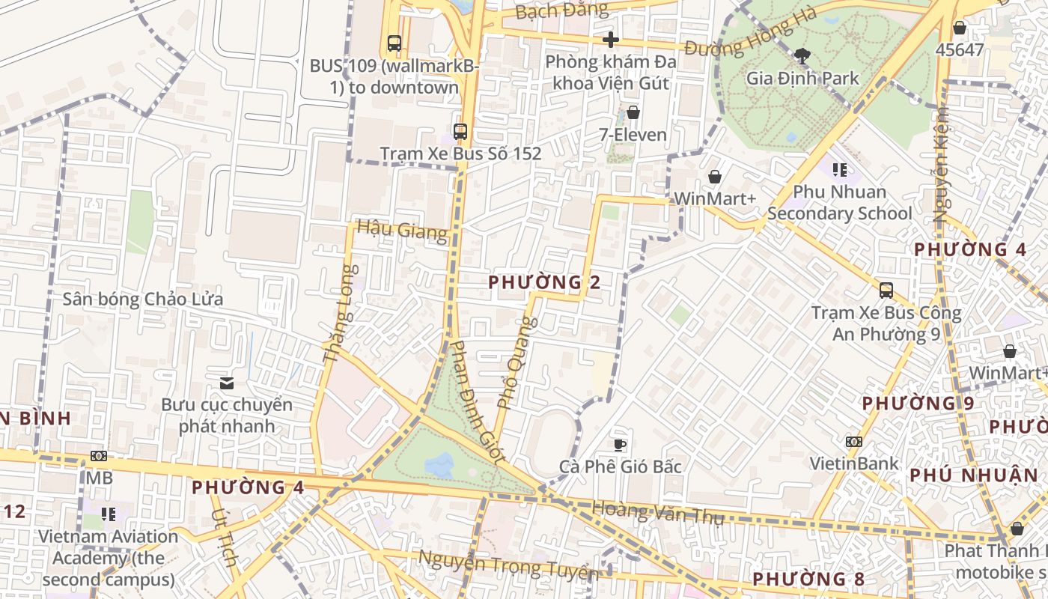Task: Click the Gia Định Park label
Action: pos(802,78)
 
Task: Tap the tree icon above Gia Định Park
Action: pos(802,55)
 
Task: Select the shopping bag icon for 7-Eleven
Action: pos(633,112)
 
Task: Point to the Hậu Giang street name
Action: pos(401,230)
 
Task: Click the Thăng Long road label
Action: pos(338,314)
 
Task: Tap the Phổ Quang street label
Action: pos(517,363)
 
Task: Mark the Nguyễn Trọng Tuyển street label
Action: pos(508,565)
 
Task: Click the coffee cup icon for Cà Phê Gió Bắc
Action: pos(620,445)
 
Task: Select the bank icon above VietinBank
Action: pos(853,442)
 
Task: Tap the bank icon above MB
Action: pos(98,456)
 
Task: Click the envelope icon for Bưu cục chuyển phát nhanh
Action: pos(227,383)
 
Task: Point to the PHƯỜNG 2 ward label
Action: pos(544,282)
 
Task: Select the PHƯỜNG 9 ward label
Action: pos(918,403)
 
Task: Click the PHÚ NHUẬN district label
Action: pos(973,475)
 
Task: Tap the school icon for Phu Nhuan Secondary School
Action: pos(839,170)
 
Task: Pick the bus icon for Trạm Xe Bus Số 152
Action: pos(460,132)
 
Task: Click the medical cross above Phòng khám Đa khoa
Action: pos(611,40)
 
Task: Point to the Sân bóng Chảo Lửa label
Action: pos(142,299)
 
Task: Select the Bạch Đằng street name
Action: pos(562,10)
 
